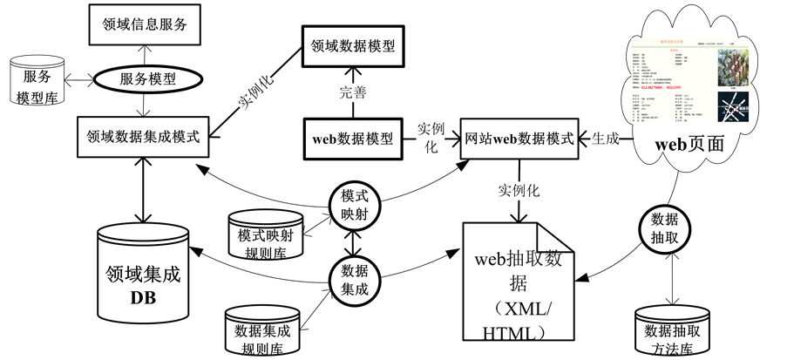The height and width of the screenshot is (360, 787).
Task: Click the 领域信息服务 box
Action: tap(145, 24)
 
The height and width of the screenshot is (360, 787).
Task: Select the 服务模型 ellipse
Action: tap(147, 78)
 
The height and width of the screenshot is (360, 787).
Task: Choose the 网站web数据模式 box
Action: tap(519, 139)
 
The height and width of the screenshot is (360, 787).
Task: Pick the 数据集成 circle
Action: tap(355, 280)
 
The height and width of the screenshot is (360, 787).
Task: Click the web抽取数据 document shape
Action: tap(518, 283)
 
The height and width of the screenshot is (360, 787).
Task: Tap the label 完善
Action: tap(352, 93)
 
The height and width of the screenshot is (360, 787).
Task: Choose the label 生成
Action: tap(605, 139)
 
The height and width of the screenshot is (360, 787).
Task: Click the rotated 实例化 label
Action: tap(256, 91)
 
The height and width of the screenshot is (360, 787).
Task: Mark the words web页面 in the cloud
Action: tap(689, 145)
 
